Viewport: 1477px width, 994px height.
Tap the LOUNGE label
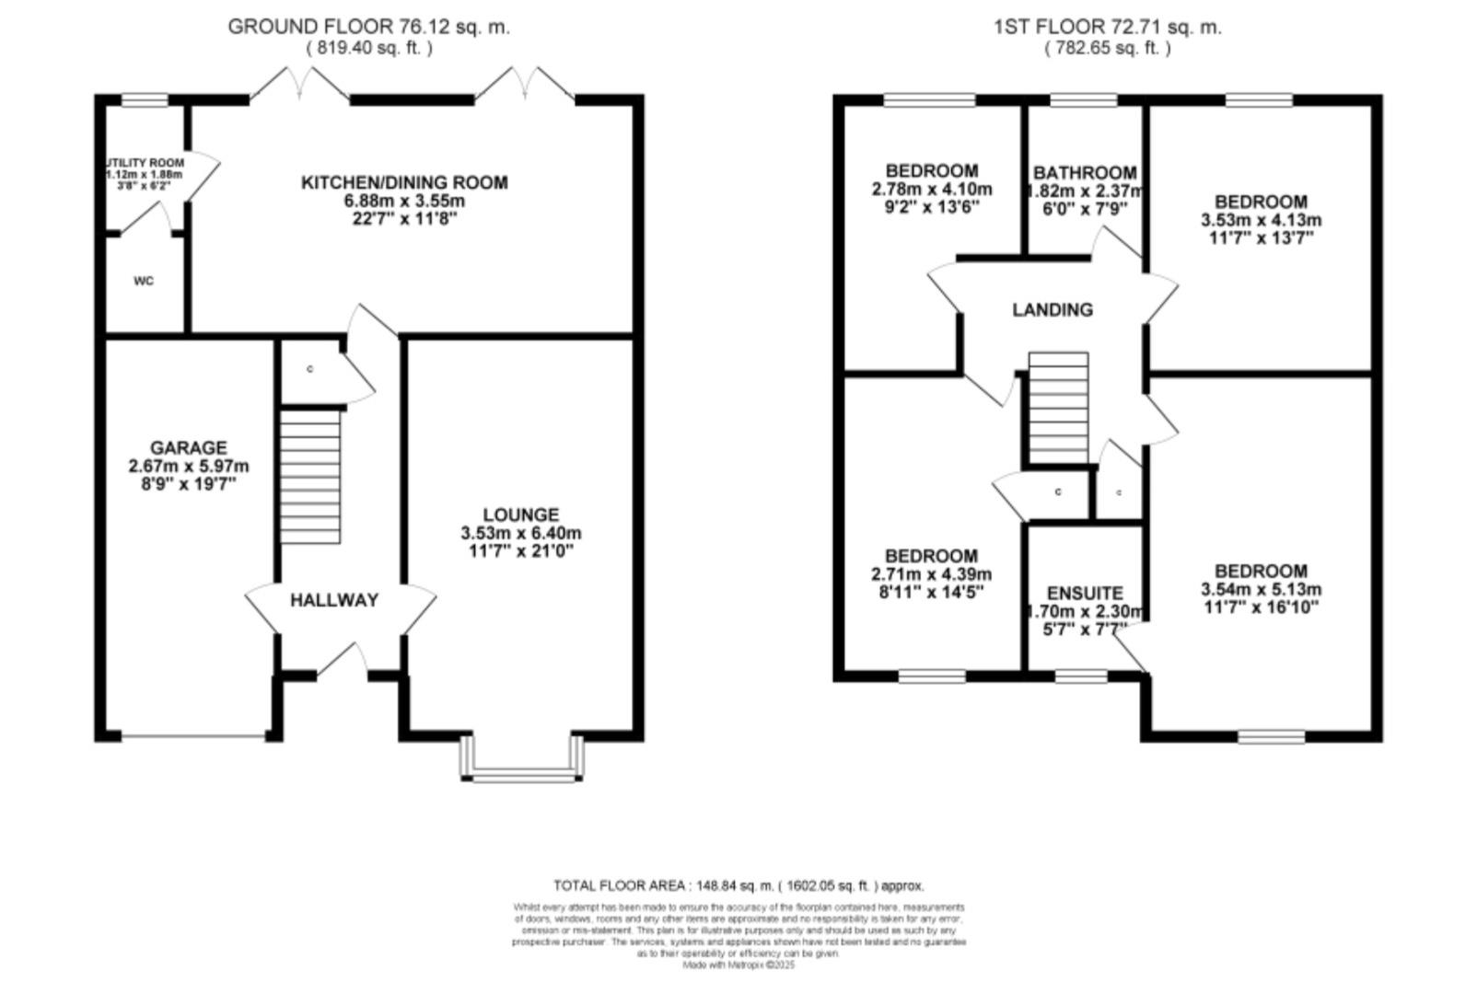(521, 514)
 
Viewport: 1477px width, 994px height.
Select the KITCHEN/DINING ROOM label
(404, 182)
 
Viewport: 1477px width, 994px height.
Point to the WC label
(144, 282)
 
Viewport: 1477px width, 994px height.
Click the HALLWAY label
(334, 601)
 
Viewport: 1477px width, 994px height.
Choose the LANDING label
(1053, 310)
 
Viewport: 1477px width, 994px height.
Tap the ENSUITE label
(1085, 594)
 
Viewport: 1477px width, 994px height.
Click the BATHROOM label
(1085, 173)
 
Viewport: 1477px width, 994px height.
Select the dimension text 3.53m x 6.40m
(521, 533)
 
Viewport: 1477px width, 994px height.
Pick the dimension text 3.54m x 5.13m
(1261, 589)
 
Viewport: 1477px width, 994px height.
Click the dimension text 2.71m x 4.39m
(931, 574)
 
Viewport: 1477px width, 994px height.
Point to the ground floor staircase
(310, 477)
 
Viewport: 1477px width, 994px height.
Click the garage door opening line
(193, 736)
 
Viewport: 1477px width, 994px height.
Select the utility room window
(145, 100)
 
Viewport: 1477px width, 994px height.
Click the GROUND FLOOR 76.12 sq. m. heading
(368, 27)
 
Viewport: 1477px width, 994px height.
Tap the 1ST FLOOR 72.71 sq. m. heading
(1107, 27)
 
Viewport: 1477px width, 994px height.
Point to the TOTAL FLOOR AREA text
(738, 885)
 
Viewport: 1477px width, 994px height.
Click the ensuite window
(1081, 676)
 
